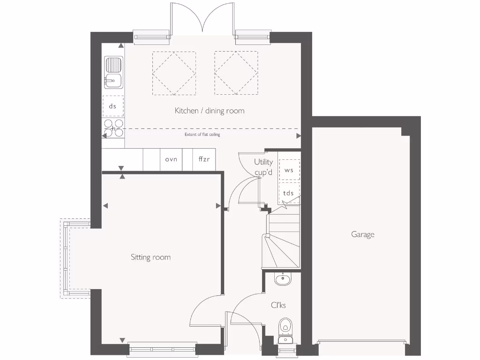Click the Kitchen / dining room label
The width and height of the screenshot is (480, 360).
210,111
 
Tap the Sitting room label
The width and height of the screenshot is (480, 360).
150,257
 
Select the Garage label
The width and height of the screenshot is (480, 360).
363,234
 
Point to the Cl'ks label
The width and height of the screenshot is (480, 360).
278,305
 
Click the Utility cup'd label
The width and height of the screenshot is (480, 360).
263,167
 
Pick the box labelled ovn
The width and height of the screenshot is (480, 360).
171,159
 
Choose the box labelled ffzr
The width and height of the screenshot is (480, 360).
204,159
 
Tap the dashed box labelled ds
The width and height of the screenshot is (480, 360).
113,106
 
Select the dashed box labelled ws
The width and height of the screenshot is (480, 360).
289,170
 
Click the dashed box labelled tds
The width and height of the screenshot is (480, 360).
289,193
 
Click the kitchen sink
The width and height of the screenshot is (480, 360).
113,73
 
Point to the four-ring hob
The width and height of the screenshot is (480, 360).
113,128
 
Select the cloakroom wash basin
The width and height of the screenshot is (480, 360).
283,279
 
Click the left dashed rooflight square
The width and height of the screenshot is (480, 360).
174,73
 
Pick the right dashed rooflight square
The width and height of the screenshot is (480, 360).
236,73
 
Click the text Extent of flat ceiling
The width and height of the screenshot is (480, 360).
202,135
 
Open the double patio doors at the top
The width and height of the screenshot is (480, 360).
202,19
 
